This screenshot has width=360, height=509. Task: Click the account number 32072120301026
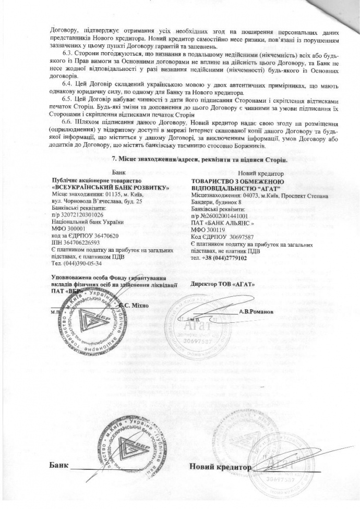pyautogui.click(x=82, y=214)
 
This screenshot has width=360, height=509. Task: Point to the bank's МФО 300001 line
pyautogui.click(x=70, y=228)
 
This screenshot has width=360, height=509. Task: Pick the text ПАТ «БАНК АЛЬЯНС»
pyautogui.click(x=223, y=222)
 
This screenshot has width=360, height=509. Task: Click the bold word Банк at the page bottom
pyautogui.click(x=59, y=465)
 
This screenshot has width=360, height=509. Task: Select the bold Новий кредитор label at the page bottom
pyautogui.click(x=220, y=466)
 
